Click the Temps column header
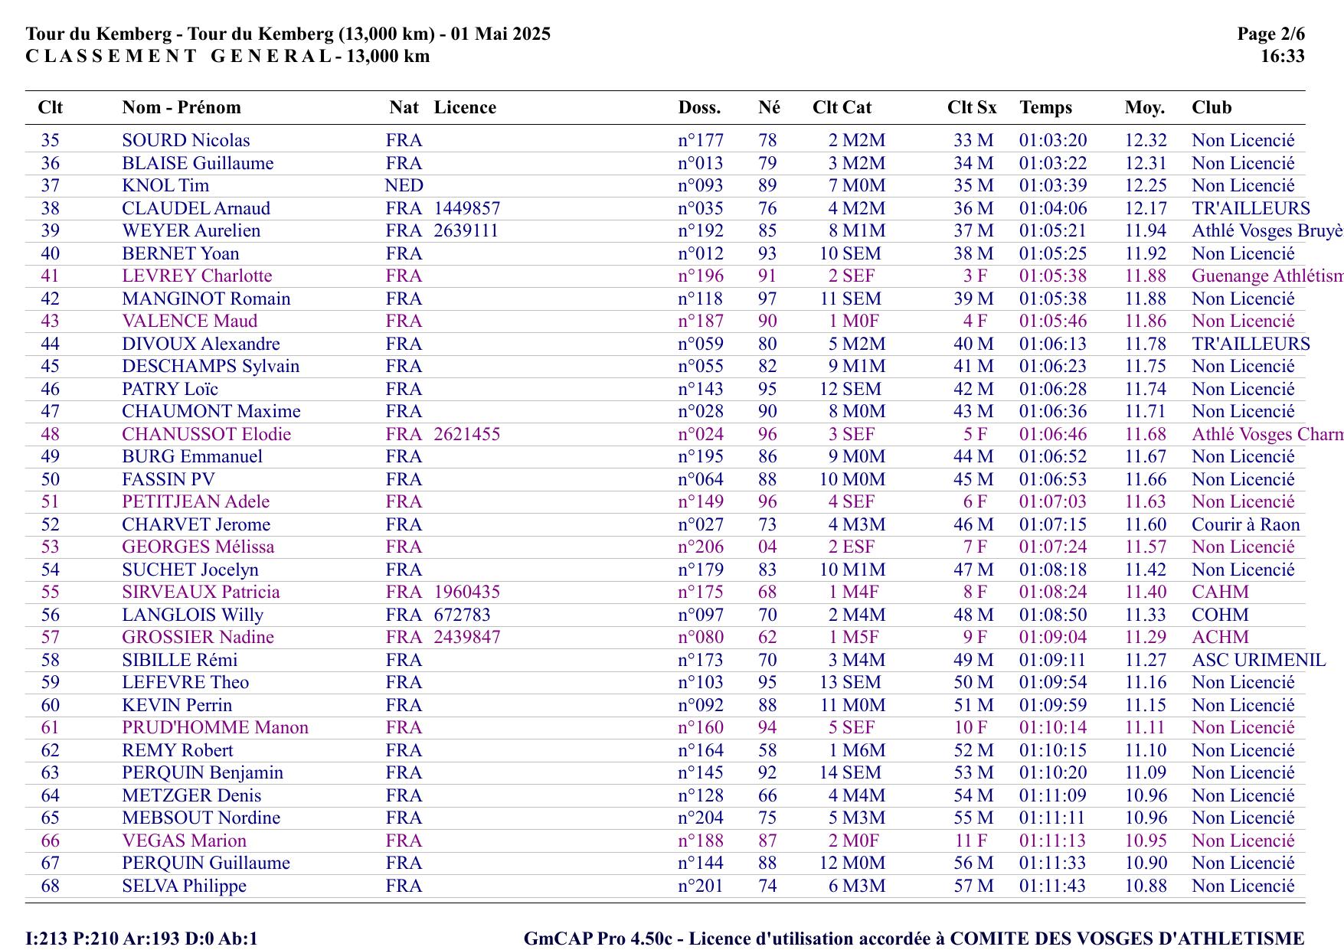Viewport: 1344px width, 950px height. coord(1045,108)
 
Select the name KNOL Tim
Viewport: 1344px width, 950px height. coord(165,186)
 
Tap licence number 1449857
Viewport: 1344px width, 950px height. coord(467,208)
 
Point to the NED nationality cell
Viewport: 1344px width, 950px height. coord(404,186)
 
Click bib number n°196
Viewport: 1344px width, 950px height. coord(701,276)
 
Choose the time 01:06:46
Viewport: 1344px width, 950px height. coord(1053,435)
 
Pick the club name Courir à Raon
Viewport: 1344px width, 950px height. coord(1246,525)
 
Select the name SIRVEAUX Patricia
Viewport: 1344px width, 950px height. coord(201,593)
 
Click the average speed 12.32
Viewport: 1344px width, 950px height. coord(1146,141)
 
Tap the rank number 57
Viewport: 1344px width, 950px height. coord(51,638)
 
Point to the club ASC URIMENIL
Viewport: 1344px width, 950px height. coord(1258,661)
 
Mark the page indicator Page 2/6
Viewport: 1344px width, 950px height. coord(1271,34)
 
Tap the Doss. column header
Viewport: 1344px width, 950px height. coord(699,108)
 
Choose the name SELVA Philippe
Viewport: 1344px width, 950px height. coord(185,886)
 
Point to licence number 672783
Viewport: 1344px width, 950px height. coord(463,615)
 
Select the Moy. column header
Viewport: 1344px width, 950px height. coord(1145,108)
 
